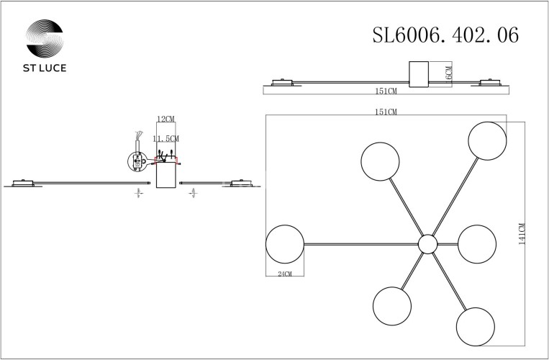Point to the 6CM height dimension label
448,74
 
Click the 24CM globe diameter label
285,273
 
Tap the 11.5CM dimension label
166,138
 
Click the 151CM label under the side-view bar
386,92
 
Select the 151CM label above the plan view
386,112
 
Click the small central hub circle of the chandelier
427,244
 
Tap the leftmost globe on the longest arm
285,244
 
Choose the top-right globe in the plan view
487,140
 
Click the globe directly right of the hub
476,244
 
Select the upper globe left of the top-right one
381,162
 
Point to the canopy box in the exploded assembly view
166,177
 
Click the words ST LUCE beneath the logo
44,70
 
